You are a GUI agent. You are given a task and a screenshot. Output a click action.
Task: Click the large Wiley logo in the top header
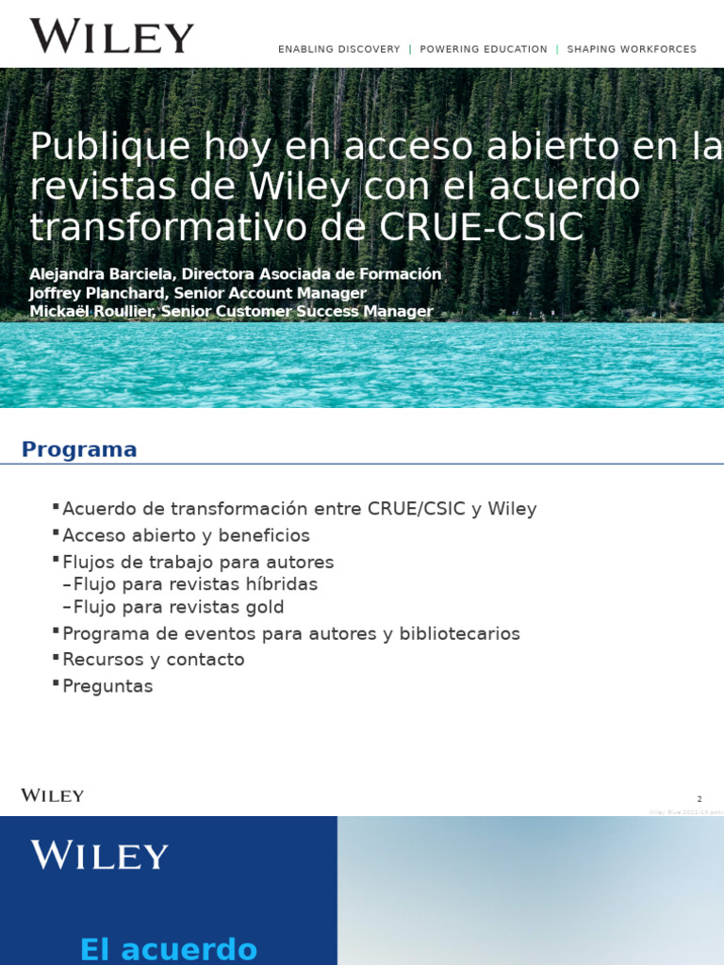pyautogui.click(x=111, y=37)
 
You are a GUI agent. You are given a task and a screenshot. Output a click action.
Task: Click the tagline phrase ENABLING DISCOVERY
pyautogui.click(x=338, y=49)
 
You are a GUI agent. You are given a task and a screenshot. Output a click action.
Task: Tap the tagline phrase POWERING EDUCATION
pyautogui.click(x=484, y=49)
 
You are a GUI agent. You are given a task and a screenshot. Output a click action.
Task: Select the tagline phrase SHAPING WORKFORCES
pyautogui.click(x=632, y=49)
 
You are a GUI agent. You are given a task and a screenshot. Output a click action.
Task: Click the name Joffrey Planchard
pyautogui.click(x=98, y=293)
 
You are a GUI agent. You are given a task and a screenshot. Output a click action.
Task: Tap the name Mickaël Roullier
pyautogui.click(x=92, y=312)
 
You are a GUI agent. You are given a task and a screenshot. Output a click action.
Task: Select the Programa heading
pyautogui.click(x=79, y=450)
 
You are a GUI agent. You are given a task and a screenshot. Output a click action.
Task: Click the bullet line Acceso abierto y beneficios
pyautogui.click(x=186, y=535)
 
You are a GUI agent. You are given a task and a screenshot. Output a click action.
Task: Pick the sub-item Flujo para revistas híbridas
pyautogui.click(x=195, y=584)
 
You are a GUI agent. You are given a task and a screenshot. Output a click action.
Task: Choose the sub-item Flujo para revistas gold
pyautogui.click(x=178, y=607)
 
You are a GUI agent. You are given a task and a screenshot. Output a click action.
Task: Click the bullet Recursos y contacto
pyautogui.click(x=153, y=660)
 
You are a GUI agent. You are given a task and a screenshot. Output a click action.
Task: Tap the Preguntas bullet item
pyautogui.click(x=107, y=686)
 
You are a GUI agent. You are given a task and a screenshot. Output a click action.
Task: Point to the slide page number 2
pyautogui.click(x=699, y=799)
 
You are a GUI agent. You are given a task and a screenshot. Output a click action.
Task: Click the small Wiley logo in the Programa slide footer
pyautogui.click(x=53, y=795)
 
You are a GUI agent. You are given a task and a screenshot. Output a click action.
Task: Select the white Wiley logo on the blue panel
pyautogui.click(x=100, y=856)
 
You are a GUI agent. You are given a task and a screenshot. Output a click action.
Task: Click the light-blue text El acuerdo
pyautogui.click(x=169, y=948)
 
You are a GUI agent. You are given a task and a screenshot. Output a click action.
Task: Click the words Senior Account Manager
pyautogui.click(x=271, y=293)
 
